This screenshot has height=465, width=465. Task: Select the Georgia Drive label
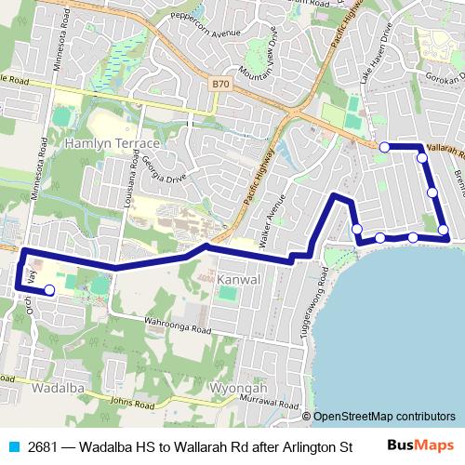click(x=164, y=167)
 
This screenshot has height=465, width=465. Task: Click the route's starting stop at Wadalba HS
click(x=49, y=291)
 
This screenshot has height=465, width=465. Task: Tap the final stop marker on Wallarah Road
click(x=384, y=147)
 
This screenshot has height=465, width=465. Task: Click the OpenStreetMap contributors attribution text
click(x=384, y=416)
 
